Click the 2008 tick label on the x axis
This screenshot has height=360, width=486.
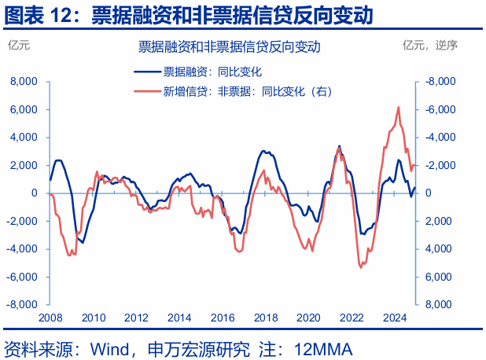tap(50, 318)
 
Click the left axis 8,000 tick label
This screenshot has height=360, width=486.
tap(24, 81)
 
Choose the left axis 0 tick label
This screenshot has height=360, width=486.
tap(35, 193)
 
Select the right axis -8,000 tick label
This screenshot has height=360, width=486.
tap(440, 81)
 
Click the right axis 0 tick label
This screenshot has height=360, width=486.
tap(428, 193)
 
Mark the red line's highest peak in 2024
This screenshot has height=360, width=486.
tap(399, 108)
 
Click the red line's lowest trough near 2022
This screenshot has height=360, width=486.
tap(361, 267)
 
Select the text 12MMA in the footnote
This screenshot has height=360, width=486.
tap(323, 347)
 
